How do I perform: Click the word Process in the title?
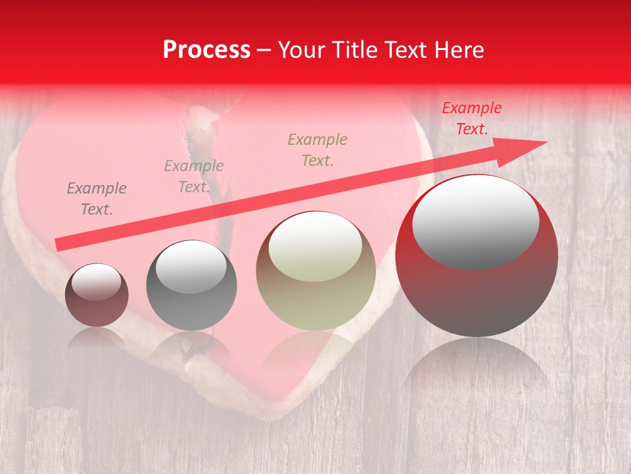206,49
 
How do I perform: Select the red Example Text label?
471,118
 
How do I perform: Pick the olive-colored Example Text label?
317,149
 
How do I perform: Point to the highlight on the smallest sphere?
96,282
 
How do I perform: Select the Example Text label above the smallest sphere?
97,199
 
